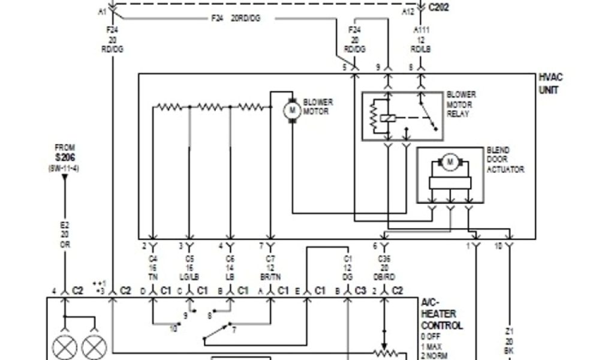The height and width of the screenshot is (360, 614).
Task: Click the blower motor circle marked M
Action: [x=292, y=110]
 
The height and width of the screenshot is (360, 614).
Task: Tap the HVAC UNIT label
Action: [x=551, y=84]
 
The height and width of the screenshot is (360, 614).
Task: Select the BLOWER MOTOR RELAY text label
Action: [x=461, y=104]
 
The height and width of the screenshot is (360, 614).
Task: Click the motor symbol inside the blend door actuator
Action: [x=449, y=161]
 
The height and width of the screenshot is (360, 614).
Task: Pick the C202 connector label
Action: [x=438, y=7]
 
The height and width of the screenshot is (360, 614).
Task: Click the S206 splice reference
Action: [x=64, y=158]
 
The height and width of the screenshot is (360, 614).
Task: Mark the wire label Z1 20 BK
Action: [x=510, y=341]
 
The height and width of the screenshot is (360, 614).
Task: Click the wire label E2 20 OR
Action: [x=64, y=233]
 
